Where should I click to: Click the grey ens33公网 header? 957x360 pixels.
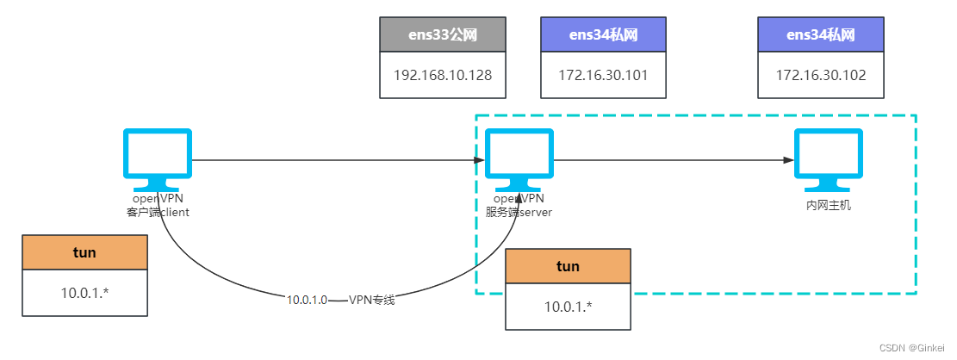pyautogui.click(x=442, y=34)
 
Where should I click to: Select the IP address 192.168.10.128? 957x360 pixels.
pyautogui.click(x=442, y=75)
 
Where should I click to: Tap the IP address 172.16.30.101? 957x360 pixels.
pyautogui.click(x=603, y=75)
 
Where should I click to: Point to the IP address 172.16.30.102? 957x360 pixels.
pyautogui.click(x=820, y=75)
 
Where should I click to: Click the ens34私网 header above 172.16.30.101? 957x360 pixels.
pyautogui.click(x=603, y=34)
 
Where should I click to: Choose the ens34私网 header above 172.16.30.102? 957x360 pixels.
pyautogui.click(x=820, y=34)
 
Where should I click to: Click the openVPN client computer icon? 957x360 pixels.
pyautogui.click(x=158, y=158)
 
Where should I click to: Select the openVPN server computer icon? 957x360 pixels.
pyautogui.click(x=519, y=158)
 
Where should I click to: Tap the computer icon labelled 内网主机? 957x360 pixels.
pyautogui.click(x=828, y=158)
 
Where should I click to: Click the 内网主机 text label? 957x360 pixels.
pyautogui.click(x=828, y=206)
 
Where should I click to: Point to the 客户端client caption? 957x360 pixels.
pyautogui.click(x=158, y=212)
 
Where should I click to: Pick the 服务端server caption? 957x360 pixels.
pyautogui.click(x=519, y=212)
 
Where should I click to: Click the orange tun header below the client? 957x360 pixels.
pyautogui.click(x=84, y=252)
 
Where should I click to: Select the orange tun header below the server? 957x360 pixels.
pyautogui.click(x=568, y=266)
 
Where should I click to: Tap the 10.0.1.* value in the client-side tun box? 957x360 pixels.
pyautogui.click(x=84, y=293)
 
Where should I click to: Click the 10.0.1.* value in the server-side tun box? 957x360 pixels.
pyautogui.click(x=568, y=307)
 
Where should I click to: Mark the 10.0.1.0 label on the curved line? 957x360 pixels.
pyautogui.click(x=307, y=300)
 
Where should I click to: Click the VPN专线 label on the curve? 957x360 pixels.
pyautogui.click(x=372, y=300)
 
